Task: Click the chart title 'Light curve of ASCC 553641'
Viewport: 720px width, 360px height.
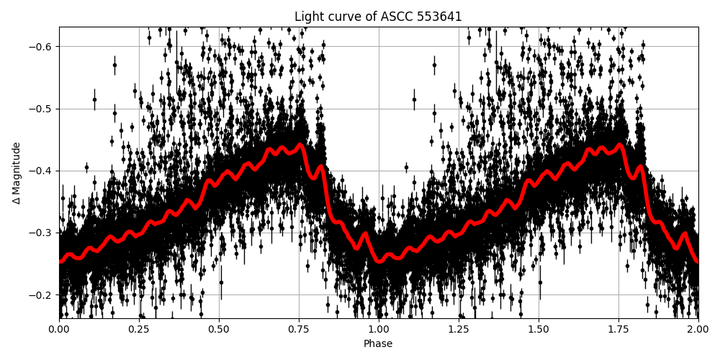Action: (378, 17)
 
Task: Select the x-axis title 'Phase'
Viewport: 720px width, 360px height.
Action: (378, 344)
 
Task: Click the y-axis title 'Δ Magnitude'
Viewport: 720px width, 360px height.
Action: (17, 173)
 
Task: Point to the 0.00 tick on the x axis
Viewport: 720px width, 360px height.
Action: (59, 329)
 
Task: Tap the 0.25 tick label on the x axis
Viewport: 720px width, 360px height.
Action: (139, 329)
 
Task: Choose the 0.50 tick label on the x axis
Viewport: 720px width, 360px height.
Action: (219, 329)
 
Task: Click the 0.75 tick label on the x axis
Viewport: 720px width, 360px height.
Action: (299, 329)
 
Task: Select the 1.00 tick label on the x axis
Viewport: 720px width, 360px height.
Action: (379, 329)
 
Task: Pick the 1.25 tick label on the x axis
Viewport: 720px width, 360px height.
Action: (459, 329)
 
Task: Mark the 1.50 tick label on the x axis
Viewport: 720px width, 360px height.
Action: (539, 329)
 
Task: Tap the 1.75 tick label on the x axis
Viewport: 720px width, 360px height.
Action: (618, 329)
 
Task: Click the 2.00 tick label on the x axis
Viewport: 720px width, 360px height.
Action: (698, 329)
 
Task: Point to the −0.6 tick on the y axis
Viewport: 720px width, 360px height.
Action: (40, 47)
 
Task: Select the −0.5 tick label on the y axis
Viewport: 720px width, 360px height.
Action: (40, 109)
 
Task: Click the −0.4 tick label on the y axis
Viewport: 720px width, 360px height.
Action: (40, 171)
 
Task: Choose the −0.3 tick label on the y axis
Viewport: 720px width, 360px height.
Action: (40, 233)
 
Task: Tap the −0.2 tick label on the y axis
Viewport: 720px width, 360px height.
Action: (40, 295)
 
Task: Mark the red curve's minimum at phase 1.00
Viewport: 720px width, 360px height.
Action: (379, 261)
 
